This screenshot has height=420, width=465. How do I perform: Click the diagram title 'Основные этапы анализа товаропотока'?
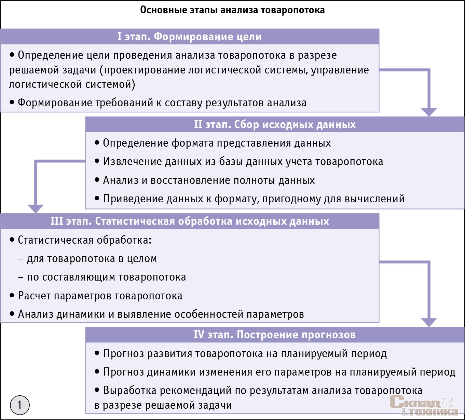coord(232,10)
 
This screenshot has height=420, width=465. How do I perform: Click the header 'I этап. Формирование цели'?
coord(190,37)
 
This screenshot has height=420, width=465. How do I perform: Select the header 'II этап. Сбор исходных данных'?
coord(275,124)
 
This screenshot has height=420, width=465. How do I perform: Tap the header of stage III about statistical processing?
coord(190,221)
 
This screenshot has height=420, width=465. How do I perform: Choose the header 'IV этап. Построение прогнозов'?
coord(275,335)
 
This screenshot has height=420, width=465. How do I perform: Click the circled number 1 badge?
coord(20,405)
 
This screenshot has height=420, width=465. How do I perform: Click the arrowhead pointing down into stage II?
coord(429,112)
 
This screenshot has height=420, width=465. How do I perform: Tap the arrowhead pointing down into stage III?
coord(36,209)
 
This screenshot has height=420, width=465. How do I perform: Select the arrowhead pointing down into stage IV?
coord(429,322)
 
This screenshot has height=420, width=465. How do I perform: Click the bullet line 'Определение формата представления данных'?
coord(217,143)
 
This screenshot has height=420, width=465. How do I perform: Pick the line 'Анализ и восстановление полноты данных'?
coord(209,180)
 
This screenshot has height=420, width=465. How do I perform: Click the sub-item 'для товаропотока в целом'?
coord(92,259)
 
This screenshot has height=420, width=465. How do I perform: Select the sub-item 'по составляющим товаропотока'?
coord(106,277)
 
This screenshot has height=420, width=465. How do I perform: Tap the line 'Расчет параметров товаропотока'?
coord(100,296)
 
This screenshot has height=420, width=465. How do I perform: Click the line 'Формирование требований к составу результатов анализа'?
coord(162,103)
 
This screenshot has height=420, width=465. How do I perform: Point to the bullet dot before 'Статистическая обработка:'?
coord(12,240)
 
